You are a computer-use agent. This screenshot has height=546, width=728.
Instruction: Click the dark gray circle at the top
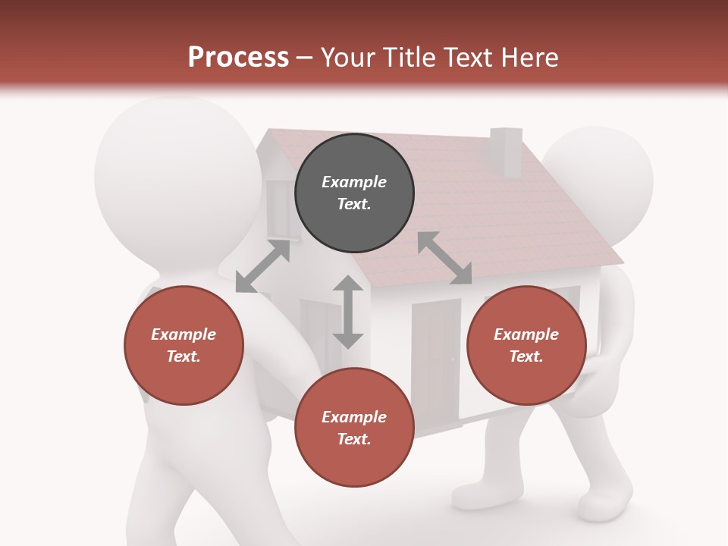click(x=354, y=193)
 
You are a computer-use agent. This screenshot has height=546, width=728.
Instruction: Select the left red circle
click(x=184, y=345)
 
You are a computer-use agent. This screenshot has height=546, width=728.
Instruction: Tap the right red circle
click(x=526, y=345)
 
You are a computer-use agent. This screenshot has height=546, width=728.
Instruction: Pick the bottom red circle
click(x=354, y=428)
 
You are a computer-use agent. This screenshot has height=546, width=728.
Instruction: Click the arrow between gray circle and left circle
click(x=262, y=265)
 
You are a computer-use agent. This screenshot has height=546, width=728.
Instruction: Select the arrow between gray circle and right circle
click(x=444, y=258)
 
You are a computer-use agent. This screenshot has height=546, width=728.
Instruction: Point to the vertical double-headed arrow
click(x=348, y=312)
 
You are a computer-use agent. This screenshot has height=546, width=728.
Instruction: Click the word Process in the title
click(x=238, y=57)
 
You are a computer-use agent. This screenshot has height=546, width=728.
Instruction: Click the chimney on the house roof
click(x=506, y=151)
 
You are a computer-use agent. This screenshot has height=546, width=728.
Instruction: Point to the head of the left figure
click(x=179, y=174)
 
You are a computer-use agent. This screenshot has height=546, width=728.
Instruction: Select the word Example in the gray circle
click(x=354, y=182)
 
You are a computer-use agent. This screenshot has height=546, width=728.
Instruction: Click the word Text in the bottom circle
click(x=354, y=439)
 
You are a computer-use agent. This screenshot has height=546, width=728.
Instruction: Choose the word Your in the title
click(x=344, y=57)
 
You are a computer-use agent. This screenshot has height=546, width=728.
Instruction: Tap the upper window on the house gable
click(x=278, y=209)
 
